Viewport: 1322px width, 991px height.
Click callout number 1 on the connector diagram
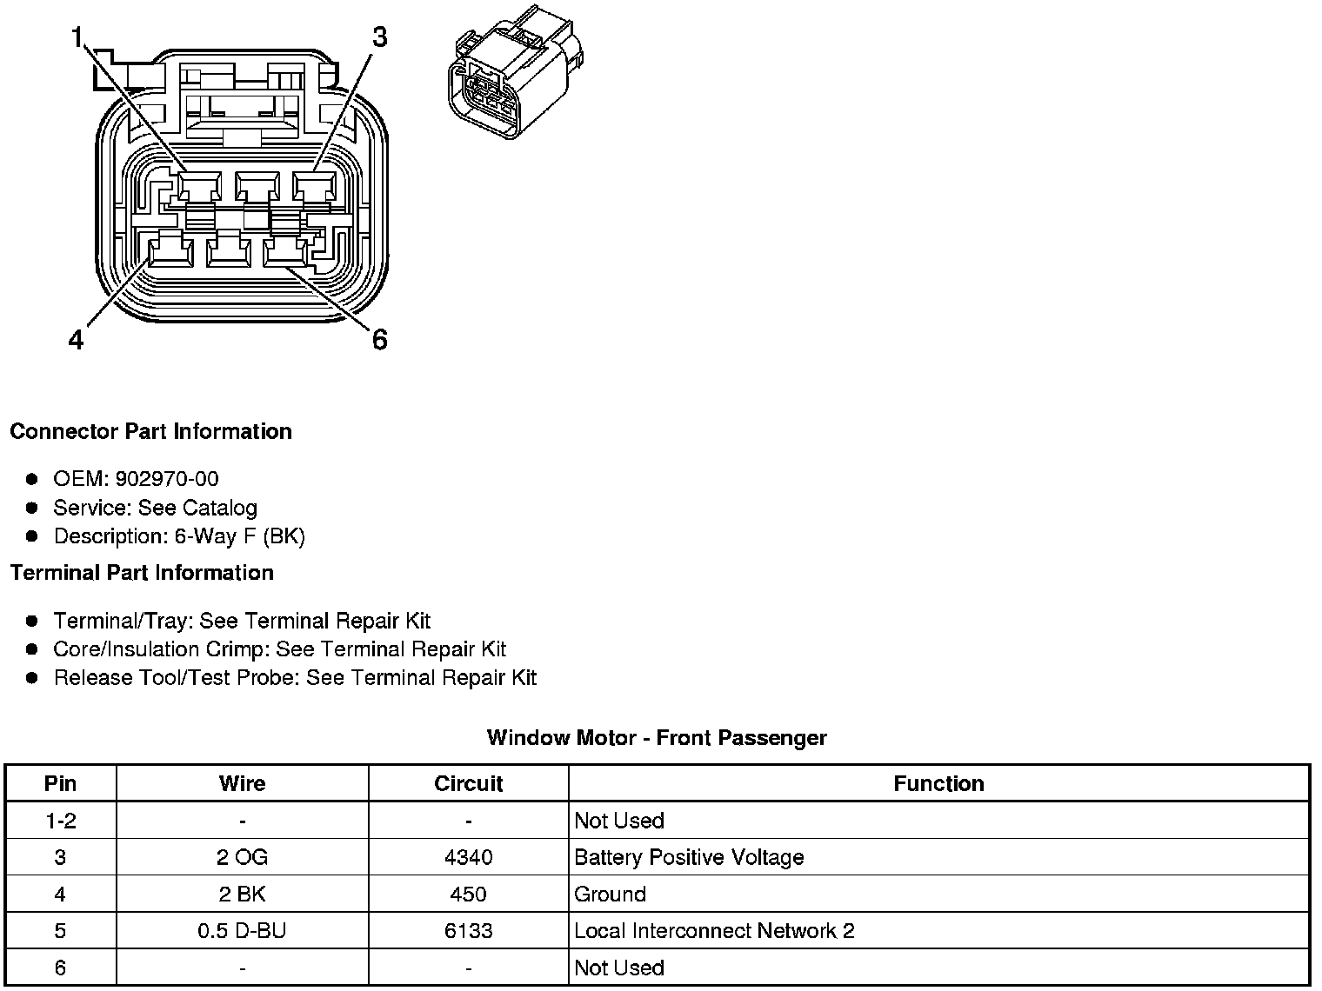coord(78,37)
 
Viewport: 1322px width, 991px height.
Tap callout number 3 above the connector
coord(379,37)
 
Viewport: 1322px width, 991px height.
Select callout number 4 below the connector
coord(77,339)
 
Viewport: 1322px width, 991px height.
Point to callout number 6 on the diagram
coord(379,339)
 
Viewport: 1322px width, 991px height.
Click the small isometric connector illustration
coord(516,75)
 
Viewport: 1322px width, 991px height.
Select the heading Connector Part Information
coord(150,432)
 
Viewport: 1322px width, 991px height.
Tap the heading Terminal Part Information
coord(142,573)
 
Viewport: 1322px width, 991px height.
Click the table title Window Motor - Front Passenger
coord(657,738)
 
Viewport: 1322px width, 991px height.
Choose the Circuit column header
coord(468,783)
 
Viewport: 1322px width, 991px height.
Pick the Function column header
coord(938,783)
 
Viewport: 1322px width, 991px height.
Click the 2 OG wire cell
coord(242,857)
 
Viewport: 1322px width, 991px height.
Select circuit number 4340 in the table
coord(468,857)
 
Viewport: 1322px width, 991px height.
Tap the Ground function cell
coord(610,895)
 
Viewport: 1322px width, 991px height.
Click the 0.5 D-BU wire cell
coord(242,931)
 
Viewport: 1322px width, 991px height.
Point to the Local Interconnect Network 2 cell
coord(714,931)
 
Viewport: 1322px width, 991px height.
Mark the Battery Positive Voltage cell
coord(689,857)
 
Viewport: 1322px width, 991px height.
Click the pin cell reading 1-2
coord(60,821)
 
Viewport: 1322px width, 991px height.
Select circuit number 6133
coord(468,931)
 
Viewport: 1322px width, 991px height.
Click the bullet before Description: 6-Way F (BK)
coord(32,536)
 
